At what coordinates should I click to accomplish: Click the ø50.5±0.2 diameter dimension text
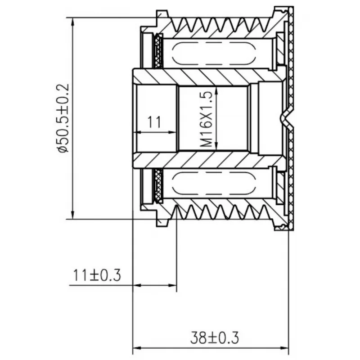(x=63, y=118)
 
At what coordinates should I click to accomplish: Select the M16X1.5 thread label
(x=206, y=119)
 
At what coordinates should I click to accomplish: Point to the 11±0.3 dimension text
(x=97, y=275)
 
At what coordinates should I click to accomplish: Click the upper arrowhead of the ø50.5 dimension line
(x=73, y=22)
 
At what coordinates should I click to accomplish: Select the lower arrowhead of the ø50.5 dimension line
(x=73, y=215)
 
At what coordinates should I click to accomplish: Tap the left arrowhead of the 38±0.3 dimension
(x=137, y=348)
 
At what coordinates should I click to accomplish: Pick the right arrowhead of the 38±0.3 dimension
(x=284, y=348)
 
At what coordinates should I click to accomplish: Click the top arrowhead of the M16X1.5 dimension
(x=216, y=91)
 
